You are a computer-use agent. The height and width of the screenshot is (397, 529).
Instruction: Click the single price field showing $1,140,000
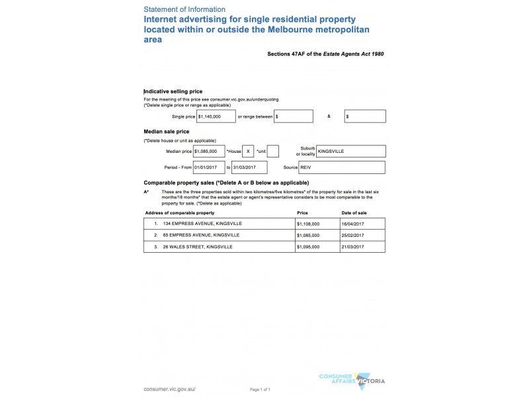click(216, 116)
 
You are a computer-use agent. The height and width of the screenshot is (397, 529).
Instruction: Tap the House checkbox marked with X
click(248, 152)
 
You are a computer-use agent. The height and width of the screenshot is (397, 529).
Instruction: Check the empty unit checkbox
click(272, 152)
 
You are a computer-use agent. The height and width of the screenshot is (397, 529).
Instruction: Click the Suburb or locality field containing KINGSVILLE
click(350, 152)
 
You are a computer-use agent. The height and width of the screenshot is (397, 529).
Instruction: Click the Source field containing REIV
click(350, 167)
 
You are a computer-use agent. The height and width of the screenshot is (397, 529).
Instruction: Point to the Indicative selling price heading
click(173, 91)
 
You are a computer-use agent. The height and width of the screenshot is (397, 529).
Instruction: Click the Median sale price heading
click(166, 132)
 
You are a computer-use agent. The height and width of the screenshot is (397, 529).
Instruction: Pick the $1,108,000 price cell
click(308, 224)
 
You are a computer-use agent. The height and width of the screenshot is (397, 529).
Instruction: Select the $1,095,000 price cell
click(308, 246)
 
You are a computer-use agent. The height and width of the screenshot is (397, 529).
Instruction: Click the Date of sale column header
click(354, 213)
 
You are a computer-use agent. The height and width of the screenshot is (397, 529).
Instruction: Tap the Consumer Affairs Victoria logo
click(352, 379)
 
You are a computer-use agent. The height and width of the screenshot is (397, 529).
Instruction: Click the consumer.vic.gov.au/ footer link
click(169, 389)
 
